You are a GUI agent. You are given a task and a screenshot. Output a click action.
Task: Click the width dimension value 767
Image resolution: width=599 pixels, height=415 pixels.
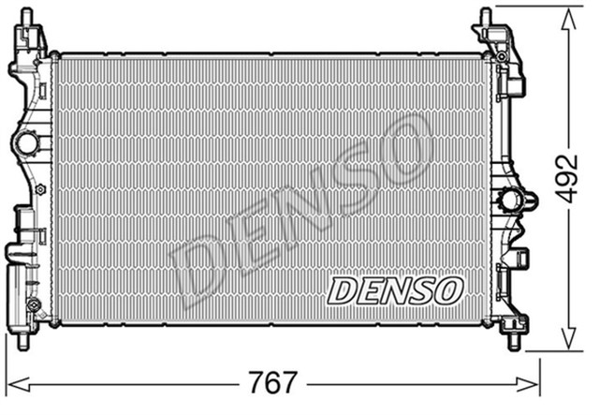pyautogui.click(x=275, y=383)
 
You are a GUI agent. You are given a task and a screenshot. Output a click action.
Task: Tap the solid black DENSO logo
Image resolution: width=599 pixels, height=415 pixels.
pyautogui.click(x=394, y=290)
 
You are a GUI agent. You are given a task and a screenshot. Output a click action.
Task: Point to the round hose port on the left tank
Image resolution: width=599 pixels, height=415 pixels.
pyautogui.click(x=25, y=144)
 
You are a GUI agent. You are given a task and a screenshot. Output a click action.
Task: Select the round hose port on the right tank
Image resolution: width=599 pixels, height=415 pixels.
pyautogui.click(x=513, y=200)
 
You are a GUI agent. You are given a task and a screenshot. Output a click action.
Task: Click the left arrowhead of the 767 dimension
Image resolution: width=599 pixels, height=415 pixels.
pyautogui.click(x=13, y=383)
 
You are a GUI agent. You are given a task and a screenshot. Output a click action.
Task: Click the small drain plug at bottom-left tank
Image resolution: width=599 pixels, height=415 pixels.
pyautogui.click(x=34, y=306)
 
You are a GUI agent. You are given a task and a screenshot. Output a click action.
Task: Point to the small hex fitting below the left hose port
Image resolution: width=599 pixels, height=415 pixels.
pyautogui.click(x=39, y=188)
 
